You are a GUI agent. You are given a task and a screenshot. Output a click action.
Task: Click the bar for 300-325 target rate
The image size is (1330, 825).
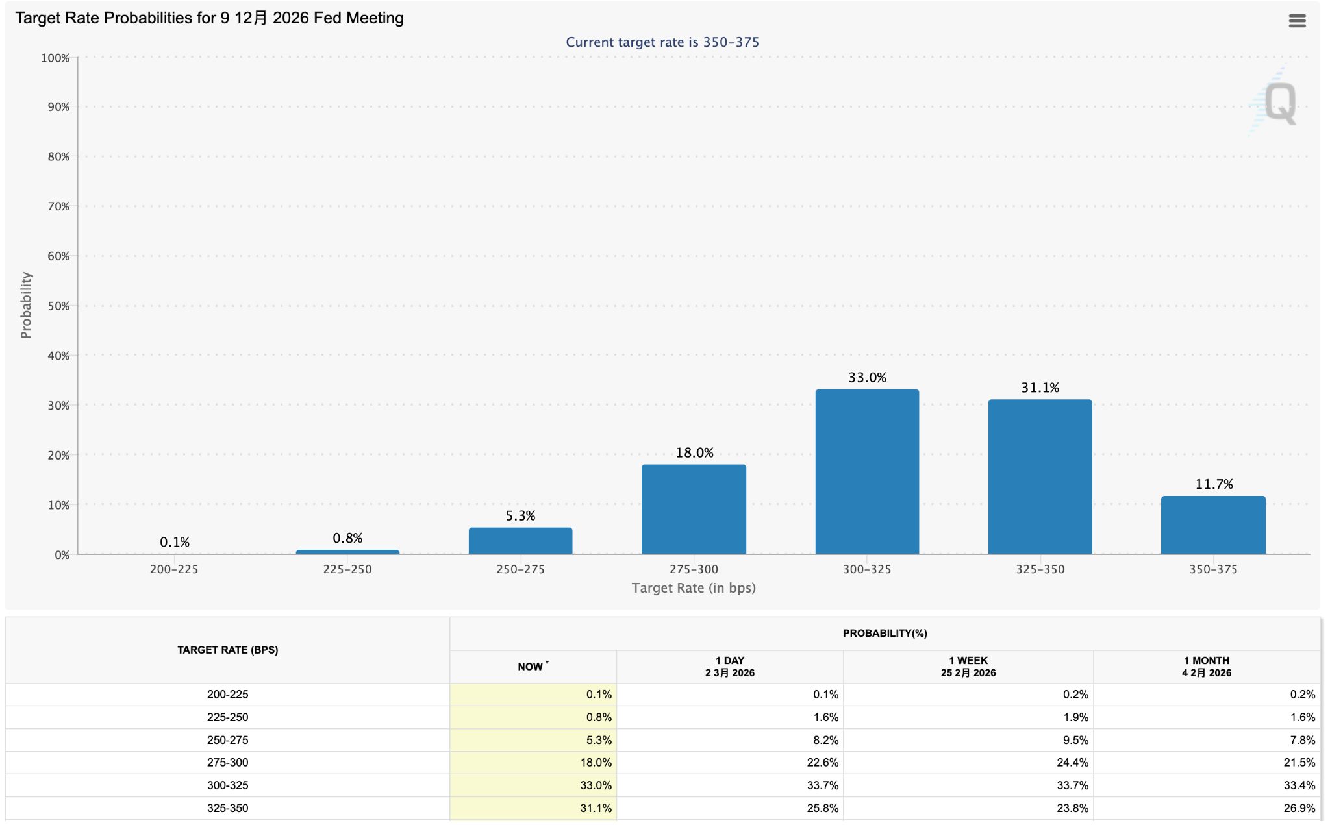[x=867, y=472]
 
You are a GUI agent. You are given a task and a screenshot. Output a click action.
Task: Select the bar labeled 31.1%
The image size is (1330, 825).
[x=1040, y=477]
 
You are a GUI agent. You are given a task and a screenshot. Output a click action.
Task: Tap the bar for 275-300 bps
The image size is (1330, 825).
[x=694, y=510]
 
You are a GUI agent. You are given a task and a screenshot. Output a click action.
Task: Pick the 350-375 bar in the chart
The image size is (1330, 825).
[x=1213, y=525]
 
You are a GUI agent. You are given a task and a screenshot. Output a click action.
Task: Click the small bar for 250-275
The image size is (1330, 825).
[x=520, y=541]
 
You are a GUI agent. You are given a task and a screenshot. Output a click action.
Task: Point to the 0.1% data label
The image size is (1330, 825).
[x=175, y=542]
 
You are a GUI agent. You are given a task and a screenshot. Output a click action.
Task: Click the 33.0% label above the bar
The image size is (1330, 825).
[x=867, y=378]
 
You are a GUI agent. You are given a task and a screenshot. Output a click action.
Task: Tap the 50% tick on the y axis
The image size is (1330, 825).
[x=58, y=306]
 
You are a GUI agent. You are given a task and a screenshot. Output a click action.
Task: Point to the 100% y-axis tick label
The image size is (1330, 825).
[x=55, y=58]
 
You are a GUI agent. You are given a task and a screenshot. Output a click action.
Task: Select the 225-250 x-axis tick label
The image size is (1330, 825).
[x=347, y=569]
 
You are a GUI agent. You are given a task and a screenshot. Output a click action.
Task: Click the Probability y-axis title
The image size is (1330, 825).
[x=26, y=305]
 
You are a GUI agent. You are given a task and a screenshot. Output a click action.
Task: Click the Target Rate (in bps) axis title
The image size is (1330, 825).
[x=694, y=588]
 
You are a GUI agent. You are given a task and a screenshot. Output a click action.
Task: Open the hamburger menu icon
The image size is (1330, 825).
[x=1297, y=21]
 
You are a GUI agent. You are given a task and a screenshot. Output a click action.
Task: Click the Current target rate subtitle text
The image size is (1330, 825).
[x=662, y=42]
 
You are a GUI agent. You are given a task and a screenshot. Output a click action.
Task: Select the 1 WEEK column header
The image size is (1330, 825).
[x=968, y=667]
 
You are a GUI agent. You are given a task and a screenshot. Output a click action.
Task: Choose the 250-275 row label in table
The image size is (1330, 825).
[x=227, y=740]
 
